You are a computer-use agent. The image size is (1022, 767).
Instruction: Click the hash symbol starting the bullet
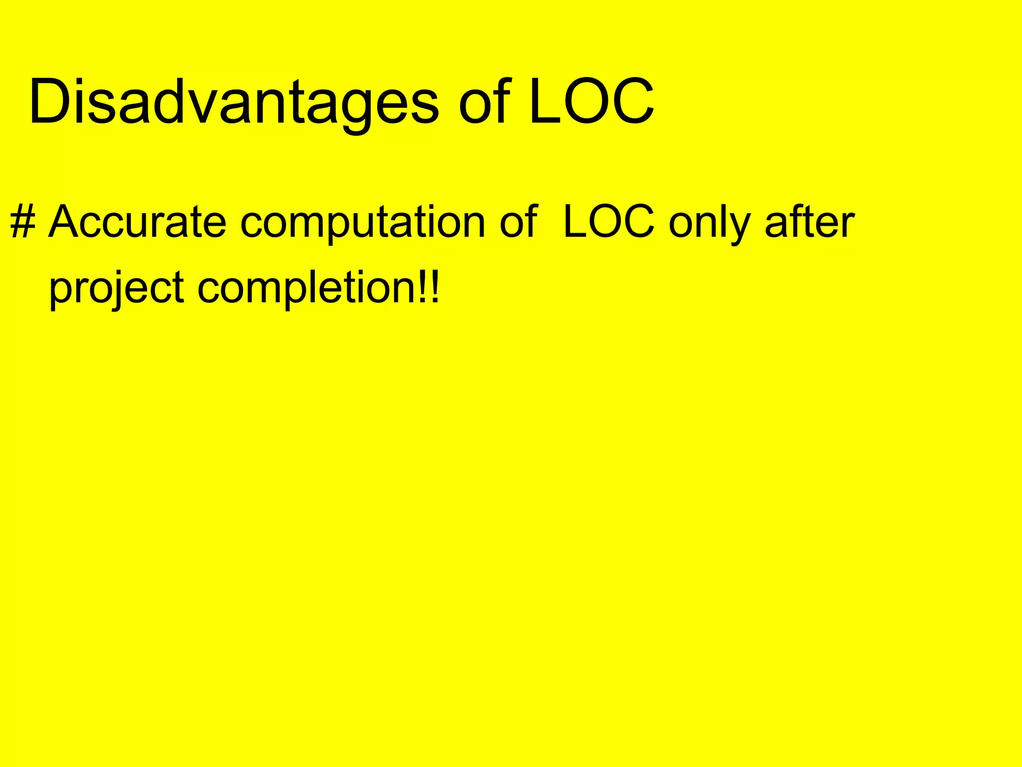click(x=22, y=222)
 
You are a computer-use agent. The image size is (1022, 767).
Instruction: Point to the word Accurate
click(x=138, y=222)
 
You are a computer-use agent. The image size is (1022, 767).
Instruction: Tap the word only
click(x=709, y=223)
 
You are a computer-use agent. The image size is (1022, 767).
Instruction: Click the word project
click(x=116, y=289)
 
